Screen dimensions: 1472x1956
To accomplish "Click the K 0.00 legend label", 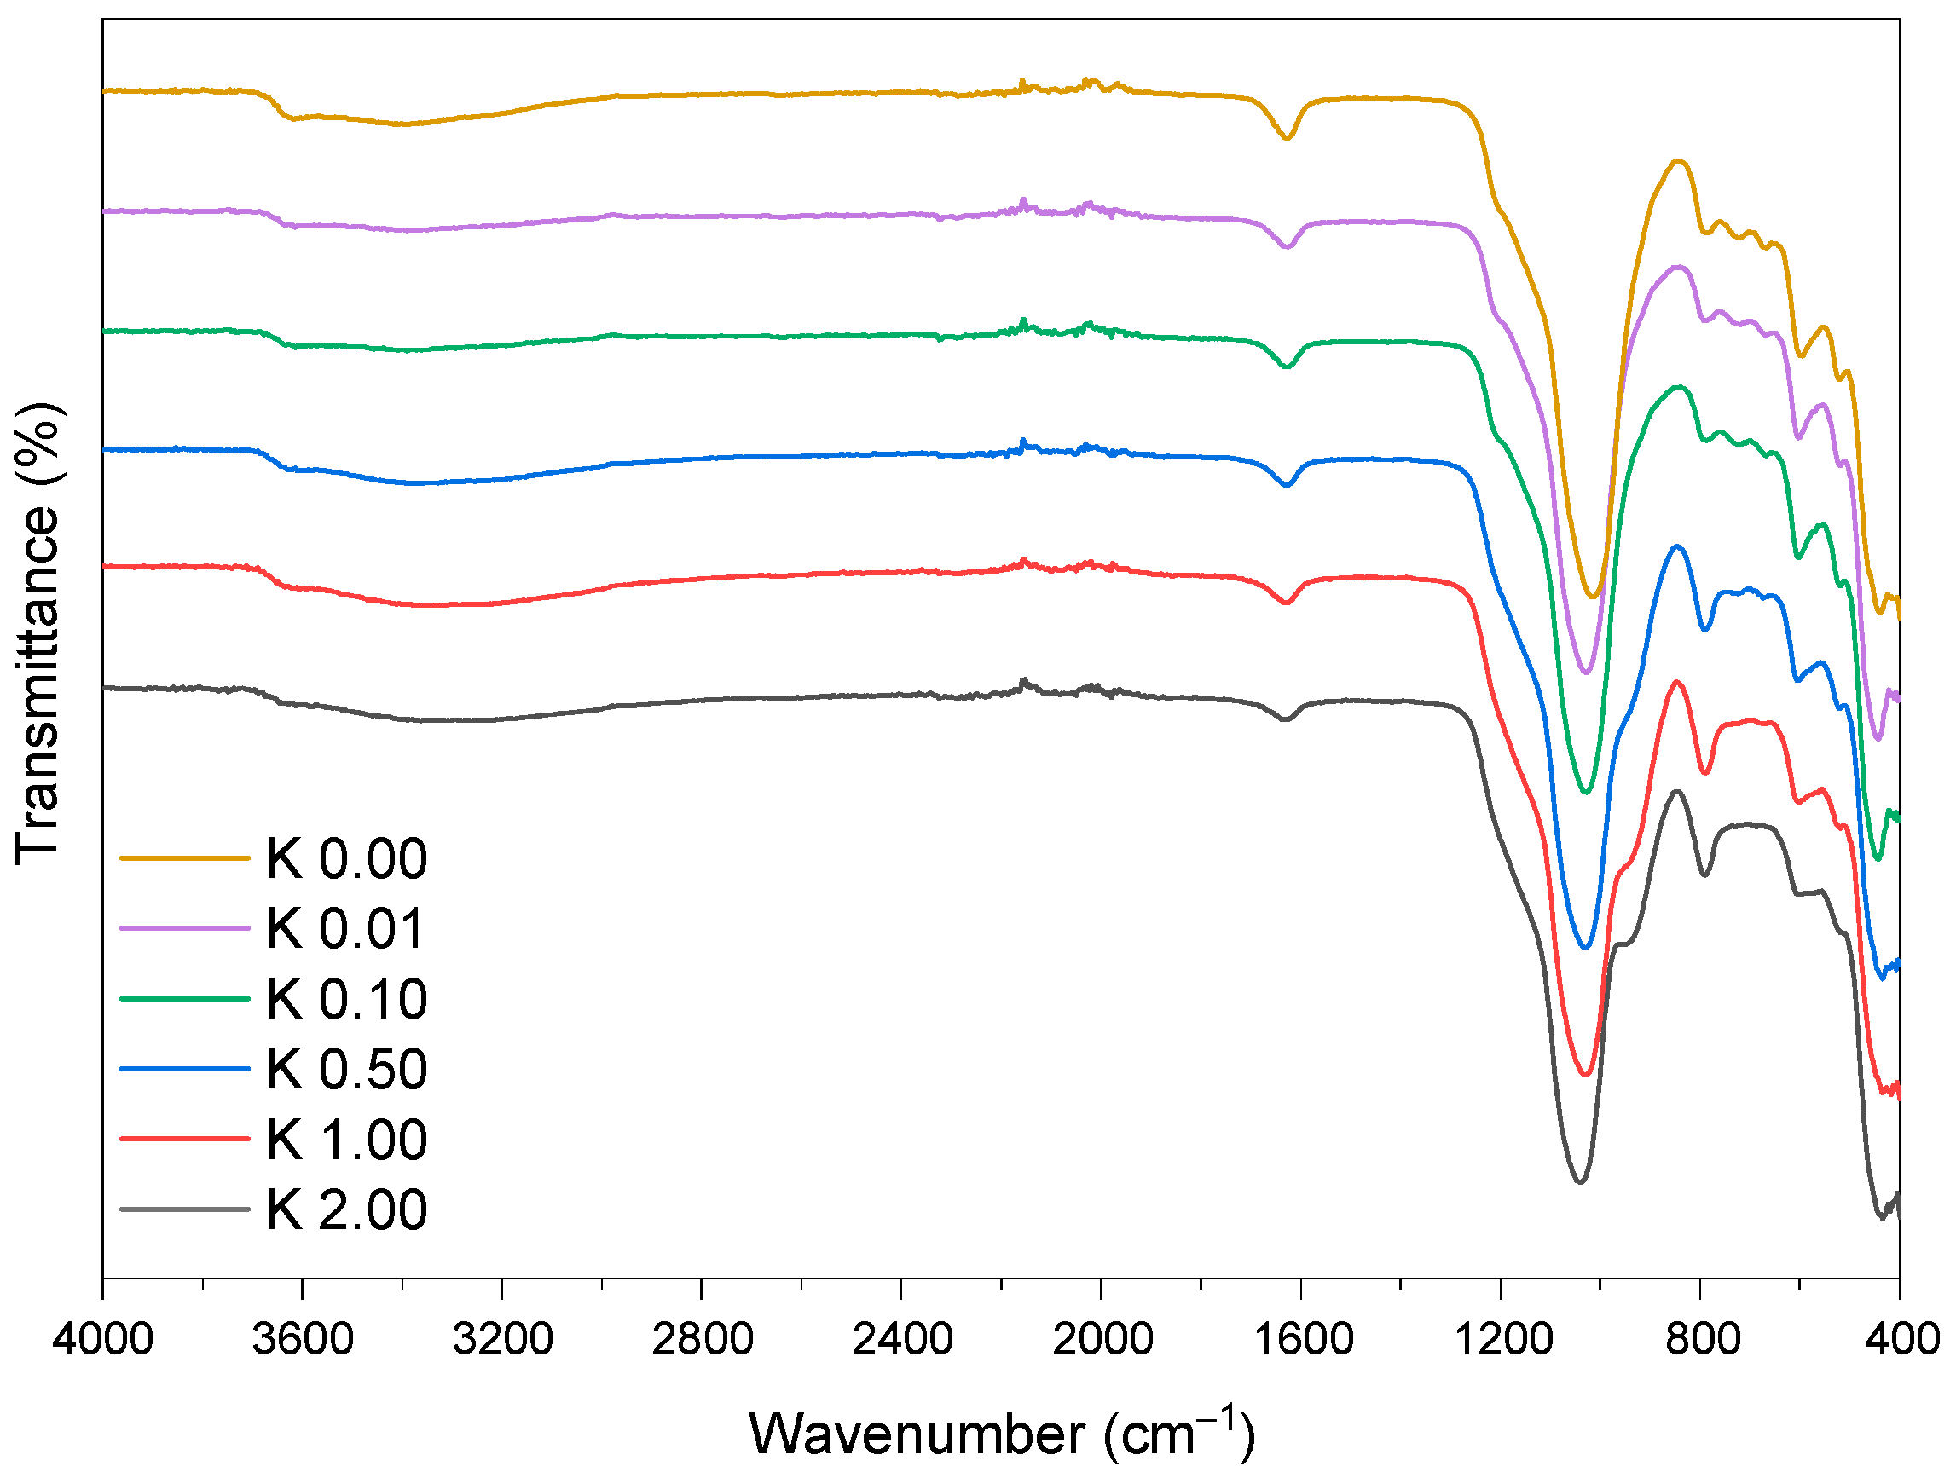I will [x=345, y=858].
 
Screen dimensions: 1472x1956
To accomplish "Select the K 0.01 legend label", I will [x=345, y=928].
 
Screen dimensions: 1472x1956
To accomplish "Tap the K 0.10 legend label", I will [x=345, y=999].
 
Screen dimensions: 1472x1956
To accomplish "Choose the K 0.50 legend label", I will [x=345, y=1069].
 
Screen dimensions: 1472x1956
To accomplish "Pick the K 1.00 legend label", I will [x=345, y=1140].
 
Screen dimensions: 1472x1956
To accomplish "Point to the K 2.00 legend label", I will [x=345, y=1209].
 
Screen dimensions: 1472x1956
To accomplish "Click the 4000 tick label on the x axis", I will [x=102, y=1338].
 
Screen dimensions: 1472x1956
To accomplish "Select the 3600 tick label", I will [x=303, y=1338].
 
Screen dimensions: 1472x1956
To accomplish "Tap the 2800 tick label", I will [x=702, y=1338].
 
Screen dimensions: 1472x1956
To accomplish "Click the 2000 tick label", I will [x=1102, y=1338].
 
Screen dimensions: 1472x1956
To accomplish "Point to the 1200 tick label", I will [x=1502, y=1338].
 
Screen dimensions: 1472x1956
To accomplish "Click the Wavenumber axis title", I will [x=1001, y=1433].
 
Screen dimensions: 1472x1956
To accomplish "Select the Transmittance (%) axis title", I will [x=38, y=633].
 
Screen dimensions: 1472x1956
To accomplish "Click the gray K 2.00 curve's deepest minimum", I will [x=1579, y=1182].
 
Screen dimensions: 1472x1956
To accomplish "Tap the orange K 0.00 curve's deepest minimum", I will [x=1593, y=597].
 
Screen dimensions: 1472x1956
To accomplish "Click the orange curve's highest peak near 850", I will [x=1677, y=161].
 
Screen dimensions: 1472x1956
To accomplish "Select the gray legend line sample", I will [x=185, y=1209].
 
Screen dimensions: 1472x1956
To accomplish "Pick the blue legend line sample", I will [x=185, y=1069].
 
